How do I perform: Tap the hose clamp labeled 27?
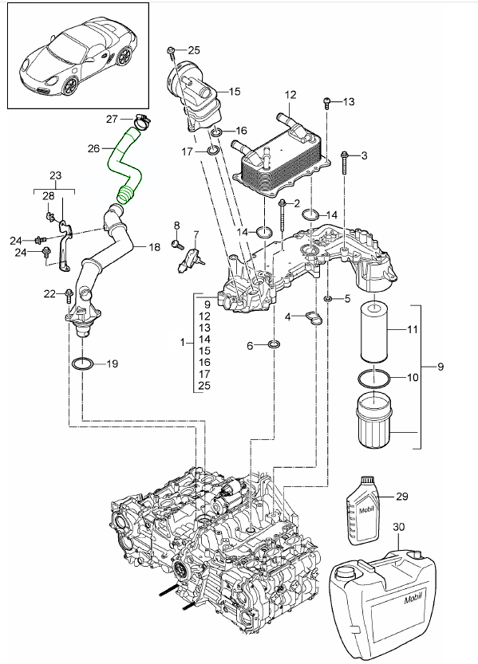coord(141,120)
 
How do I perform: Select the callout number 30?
coord(399,527)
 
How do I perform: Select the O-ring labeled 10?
coord(374,377)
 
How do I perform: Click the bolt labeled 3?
coord(344,163)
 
